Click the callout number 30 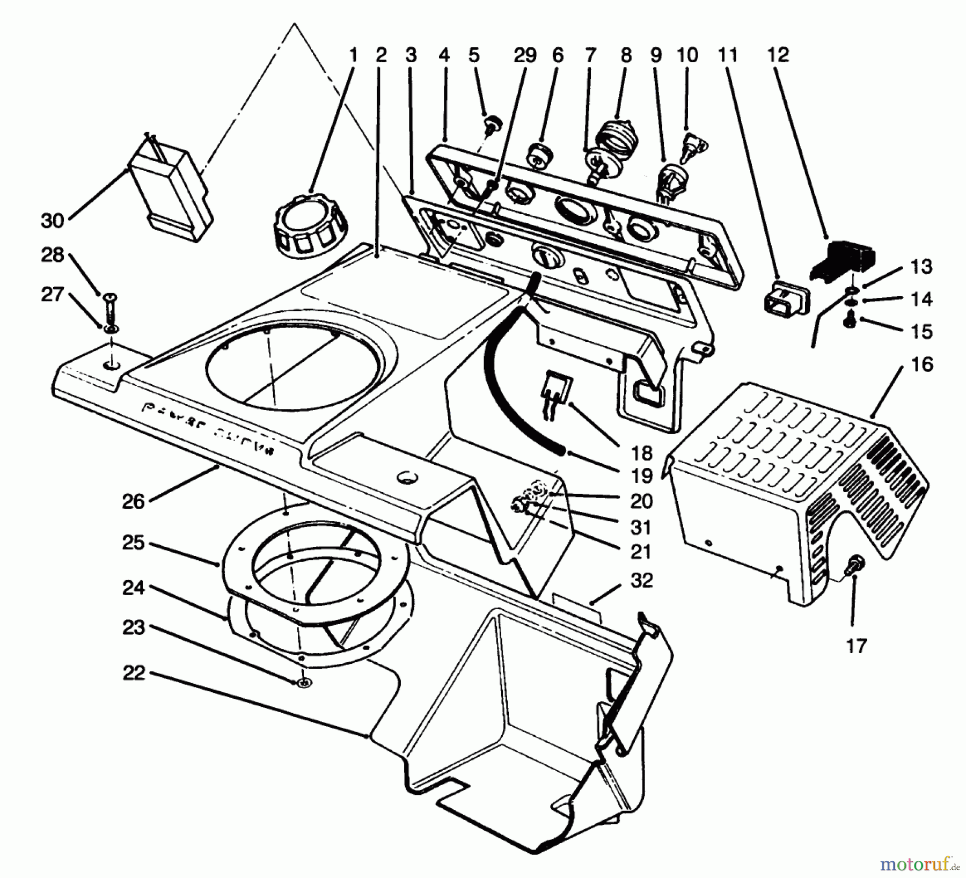click(x=52, y=220)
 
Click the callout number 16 click(x=922, y=364)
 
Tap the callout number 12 click(x=778, y=55)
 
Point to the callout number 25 click(x=133, y=543)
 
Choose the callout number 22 click(x=133, y=673)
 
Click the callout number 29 click(x=525, y=55)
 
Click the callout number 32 click(x=641, y=581)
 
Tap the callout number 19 click(x=641, y=475)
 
